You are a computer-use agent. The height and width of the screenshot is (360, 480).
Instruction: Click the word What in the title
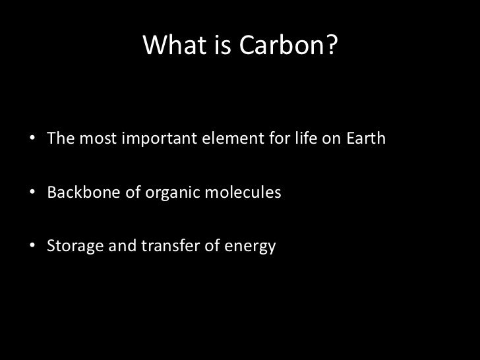[169, 45]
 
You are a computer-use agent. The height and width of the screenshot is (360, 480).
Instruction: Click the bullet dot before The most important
[32, 140]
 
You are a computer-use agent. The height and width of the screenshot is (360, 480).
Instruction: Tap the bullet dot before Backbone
[32, 195]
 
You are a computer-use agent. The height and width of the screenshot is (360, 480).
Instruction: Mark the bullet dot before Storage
[32, 248]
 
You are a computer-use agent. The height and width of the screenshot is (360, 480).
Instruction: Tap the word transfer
[160, 247]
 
